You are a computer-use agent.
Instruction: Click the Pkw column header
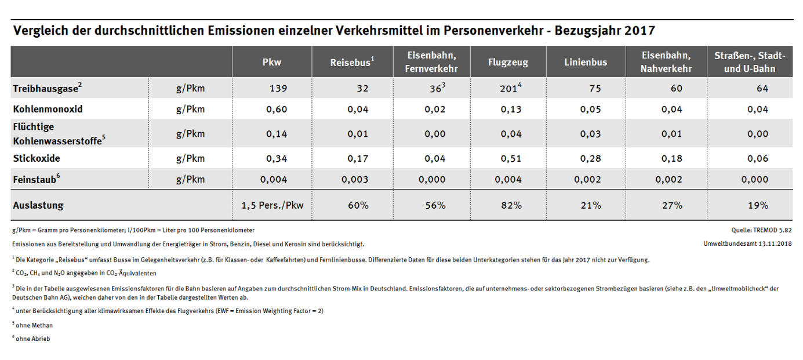pyautogui.click(x=272, y=62)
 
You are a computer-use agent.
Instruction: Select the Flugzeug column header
pyautogui.click(x=508, y=62)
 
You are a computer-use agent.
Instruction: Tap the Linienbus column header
pyautogui.click(x=586, y=62)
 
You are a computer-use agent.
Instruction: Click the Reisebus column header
pyautogui.click(x=352, y=62)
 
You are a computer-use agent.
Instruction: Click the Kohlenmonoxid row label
pyautogui.click(x=48, y=109)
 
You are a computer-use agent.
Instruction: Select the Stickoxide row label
pyautogui.click(x=37, y=158)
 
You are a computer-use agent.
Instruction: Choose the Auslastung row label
pyautogui.click(x=38, y=205)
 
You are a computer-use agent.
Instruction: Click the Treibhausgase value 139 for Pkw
pyautogui.click(x=278, y=89)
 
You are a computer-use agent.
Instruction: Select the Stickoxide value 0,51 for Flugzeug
pyautogui.click(x=510, y=159)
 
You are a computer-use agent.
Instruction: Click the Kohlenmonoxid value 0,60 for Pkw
pyautogui.click(x=277, y=110)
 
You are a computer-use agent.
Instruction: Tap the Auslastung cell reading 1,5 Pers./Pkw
pyautogui.click(x=272, y=205)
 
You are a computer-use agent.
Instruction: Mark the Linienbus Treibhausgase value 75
pyautogui.click(x=595, y=89)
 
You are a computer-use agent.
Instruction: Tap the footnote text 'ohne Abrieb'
pyautogui.click(x=33, y=339)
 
